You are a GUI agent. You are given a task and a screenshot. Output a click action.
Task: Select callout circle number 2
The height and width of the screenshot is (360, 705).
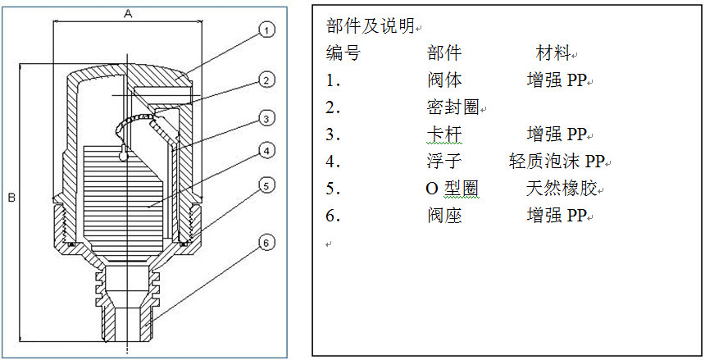pos(265,80)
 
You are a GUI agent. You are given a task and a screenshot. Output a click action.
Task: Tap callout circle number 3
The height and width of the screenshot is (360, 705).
pos(265,119)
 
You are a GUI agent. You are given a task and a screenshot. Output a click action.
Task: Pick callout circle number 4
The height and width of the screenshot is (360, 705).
pos(265,150)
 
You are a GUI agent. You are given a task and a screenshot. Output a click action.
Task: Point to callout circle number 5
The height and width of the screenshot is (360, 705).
pos(265,186)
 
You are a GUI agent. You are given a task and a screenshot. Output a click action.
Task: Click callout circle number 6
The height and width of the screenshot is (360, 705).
pos(265,243)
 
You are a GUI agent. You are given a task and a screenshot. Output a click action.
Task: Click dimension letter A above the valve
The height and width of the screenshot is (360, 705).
pos(127,13)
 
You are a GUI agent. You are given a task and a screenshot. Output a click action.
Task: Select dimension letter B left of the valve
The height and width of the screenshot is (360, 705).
pos(11,198)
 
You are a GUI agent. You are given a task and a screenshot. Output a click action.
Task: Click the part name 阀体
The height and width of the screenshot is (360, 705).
pos(444,81)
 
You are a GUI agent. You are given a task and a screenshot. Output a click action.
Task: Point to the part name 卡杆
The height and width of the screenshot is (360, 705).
pos(444,134)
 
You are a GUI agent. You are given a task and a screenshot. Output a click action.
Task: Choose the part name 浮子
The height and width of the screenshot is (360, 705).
pos(444,162)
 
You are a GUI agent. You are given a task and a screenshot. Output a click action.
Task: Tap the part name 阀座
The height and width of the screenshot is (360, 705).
pos(444,216)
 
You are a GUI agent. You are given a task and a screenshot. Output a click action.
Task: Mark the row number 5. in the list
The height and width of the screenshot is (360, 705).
pos(333,189)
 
